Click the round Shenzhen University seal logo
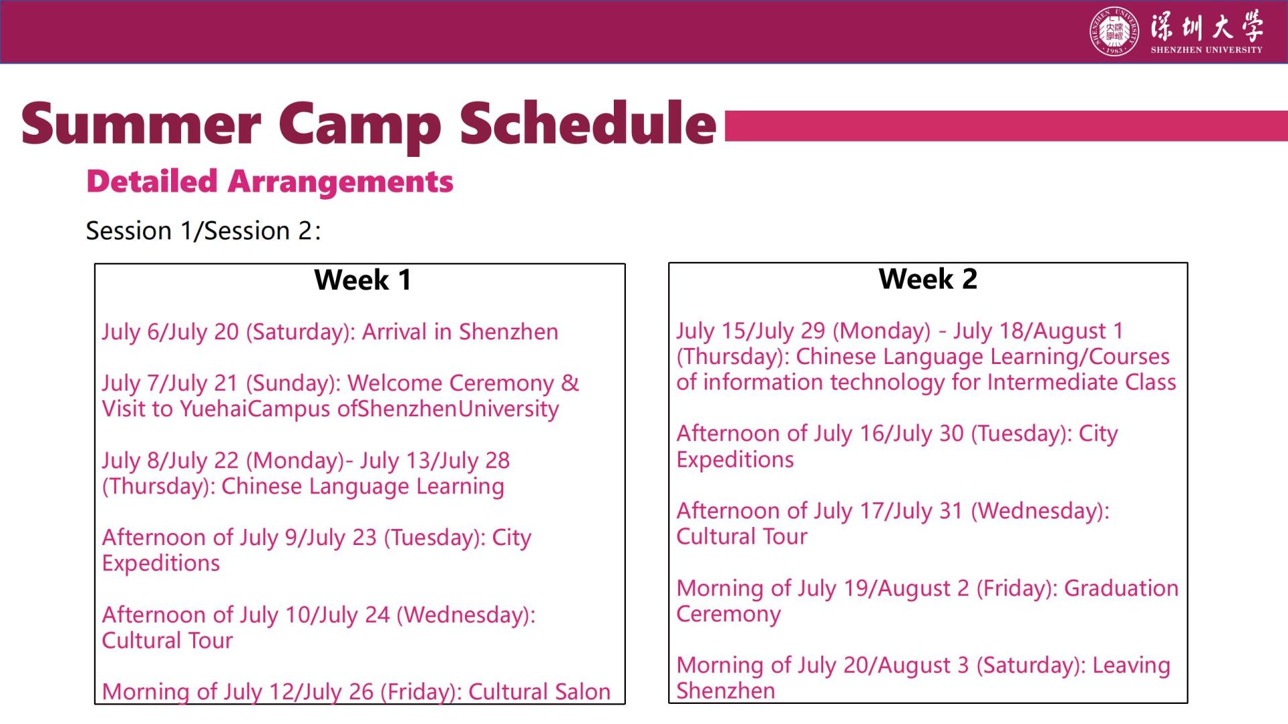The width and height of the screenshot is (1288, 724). click(x=1114, y=32)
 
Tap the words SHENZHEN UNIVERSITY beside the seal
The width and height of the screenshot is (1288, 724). click(x=1206, y=50)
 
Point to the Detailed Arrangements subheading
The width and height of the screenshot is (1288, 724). click(x=270, y=182)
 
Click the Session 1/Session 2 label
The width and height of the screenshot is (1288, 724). click(x=203, y=231)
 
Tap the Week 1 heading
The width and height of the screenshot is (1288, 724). click(x=362, y=280)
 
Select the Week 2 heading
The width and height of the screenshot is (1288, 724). click(x=928, y=278)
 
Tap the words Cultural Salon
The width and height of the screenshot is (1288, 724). click(x=539, y=691)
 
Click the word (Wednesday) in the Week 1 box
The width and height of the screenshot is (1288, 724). click(x=466, y=615)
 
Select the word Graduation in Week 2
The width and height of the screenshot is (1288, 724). click(x=1121, y=588)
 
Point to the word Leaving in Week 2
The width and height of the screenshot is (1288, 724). click(x=1131, y=666)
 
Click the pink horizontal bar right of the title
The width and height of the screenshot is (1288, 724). click(x=1006, y=126)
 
